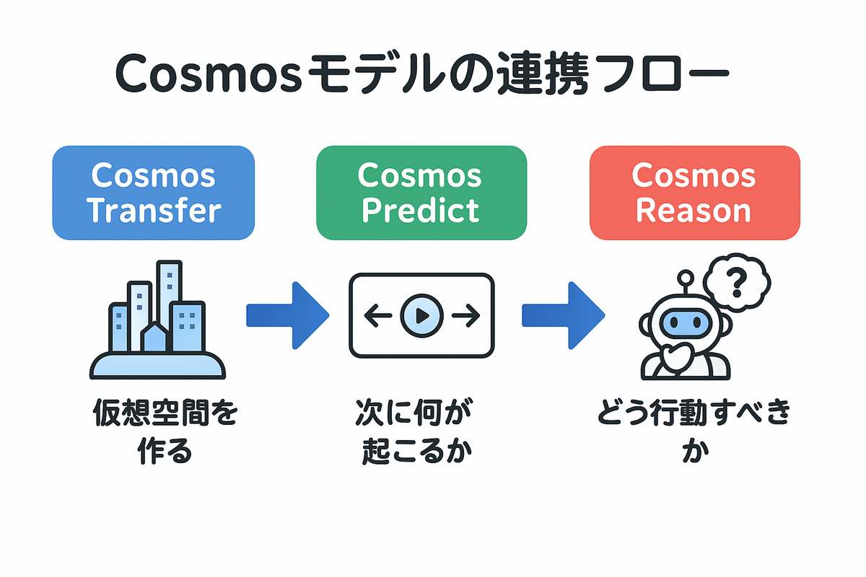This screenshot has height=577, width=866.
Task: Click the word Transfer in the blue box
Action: click(x=153, y=210)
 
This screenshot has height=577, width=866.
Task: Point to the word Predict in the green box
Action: click(x=421, y=210)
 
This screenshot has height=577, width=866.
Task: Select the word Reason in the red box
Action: click(x=694, y=210)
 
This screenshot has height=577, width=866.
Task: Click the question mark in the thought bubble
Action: click(x=735, y=283)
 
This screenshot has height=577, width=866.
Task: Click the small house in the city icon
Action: click(x=155, y=338)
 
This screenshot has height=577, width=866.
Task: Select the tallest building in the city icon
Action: click(x=170, y=296)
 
